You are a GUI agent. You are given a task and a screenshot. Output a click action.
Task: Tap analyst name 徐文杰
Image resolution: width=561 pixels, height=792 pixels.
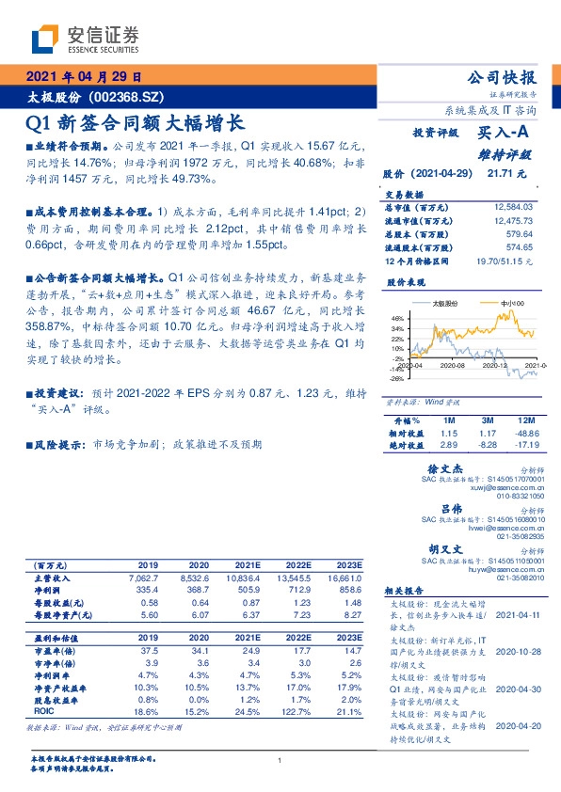click(x=448, y=467)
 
